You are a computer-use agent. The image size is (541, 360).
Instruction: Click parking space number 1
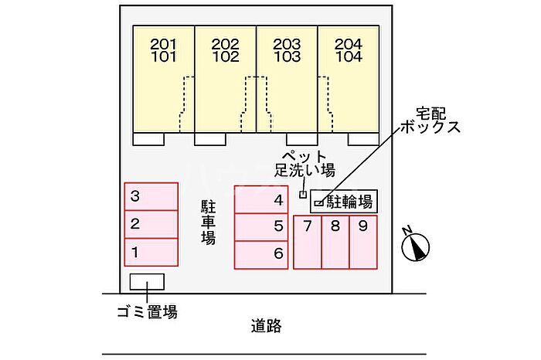[x=151, y=252]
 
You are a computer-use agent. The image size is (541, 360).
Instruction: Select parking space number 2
[x=151, y=225]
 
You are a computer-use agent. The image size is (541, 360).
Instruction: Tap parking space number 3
[x=151, y=197]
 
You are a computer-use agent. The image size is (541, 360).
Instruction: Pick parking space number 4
[x=261, y=199]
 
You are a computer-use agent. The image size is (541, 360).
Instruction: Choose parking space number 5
[x=261, y=227]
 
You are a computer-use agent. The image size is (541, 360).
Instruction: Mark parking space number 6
[x=261, y=253]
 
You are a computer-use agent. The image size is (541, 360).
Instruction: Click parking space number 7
[x=307, y=242]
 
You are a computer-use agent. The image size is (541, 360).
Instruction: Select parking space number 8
[x=335, y=242]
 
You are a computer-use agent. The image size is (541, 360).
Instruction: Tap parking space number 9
[x=362, y=242]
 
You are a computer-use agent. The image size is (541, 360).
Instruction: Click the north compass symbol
[x=416, y=246]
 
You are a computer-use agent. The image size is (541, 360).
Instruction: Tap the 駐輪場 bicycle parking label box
[x=344, y=202]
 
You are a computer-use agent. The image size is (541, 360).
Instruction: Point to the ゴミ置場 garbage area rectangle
[x=147, y=282]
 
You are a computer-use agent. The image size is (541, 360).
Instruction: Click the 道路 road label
[x=266, y=326]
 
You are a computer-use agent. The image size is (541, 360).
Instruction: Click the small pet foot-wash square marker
[x=304, y=194]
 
